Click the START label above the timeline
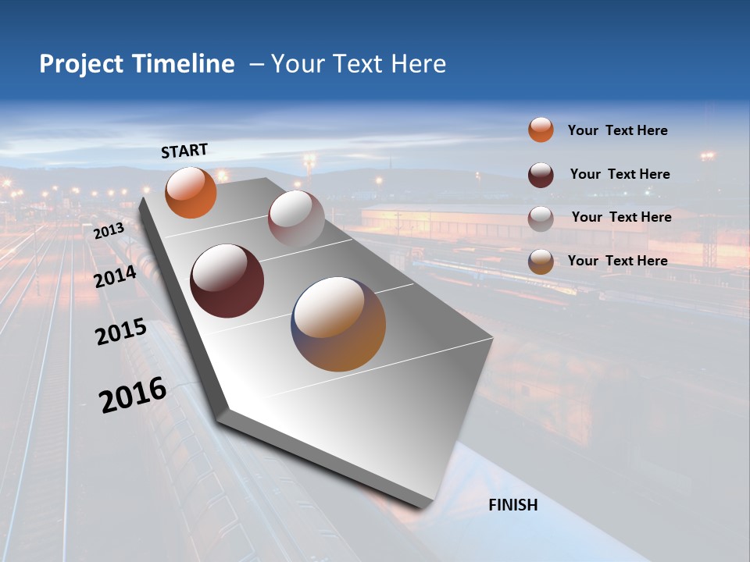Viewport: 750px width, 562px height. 184,150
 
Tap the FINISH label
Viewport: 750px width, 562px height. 512,505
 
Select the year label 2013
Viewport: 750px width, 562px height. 109,231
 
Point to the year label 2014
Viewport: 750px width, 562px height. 116,276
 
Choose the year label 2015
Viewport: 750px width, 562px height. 121,332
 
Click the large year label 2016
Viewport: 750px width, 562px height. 133,395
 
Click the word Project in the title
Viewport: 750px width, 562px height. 81,64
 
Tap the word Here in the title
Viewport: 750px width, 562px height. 420,64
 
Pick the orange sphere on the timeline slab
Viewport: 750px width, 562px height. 191,193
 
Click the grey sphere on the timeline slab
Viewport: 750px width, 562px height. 296,218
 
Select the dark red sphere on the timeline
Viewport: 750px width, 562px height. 227,281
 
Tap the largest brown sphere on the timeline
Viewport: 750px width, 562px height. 338,324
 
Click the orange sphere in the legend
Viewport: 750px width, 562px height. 541,130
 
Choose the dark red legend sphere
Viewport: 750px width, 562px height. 541,174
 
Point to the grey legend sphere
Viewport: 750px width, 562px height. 541,218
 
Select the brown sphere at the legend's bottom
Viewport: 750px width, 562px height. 541,261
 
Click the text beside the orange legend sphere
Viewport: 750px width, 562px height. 617,130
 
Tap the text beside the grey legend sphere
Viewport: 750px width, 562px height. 621,217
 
